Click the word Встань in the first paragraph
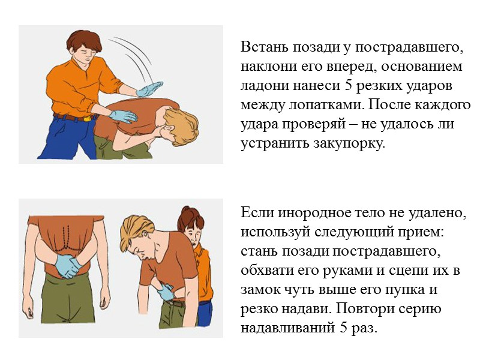(x=263, y=46)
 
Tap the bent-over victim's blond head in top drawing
(x=181, y=124)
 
